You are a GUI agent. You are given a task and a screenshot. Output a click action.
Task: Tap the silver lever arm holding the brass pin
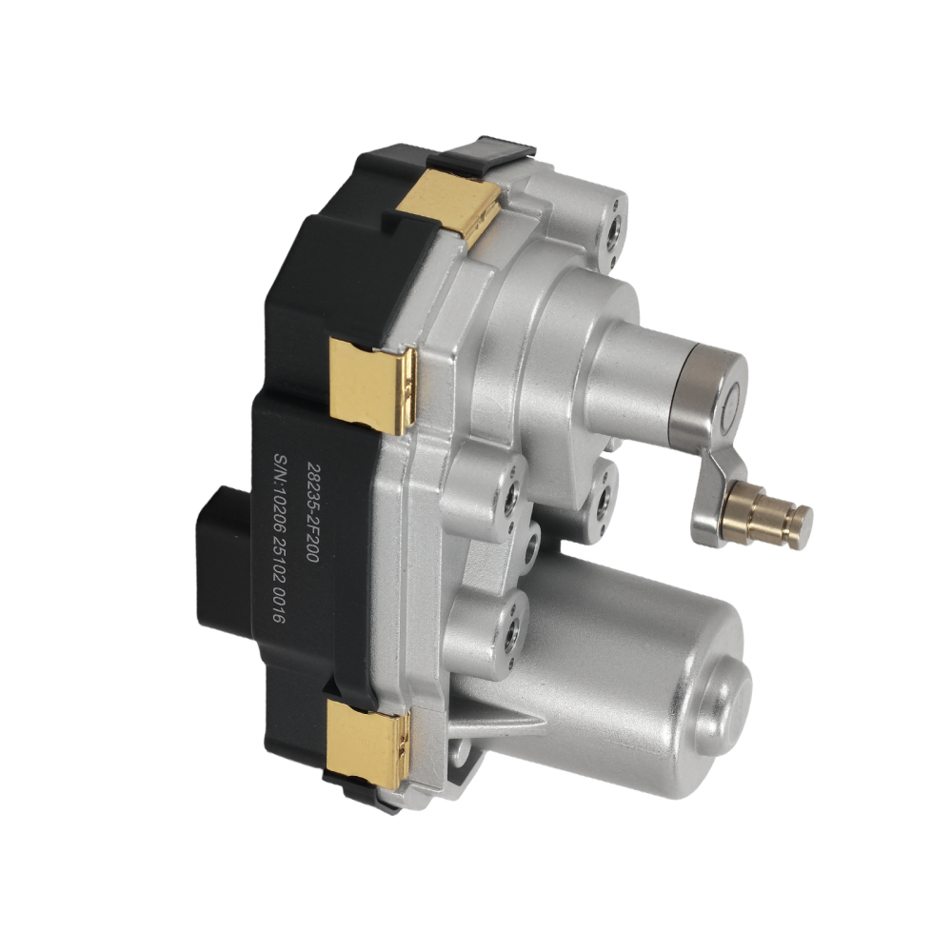pyautogui.click(x=720, y=492)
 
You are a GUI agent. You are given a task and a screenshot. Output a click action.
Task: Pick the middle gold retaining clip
pyautogui.click(x=372, y=387)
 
